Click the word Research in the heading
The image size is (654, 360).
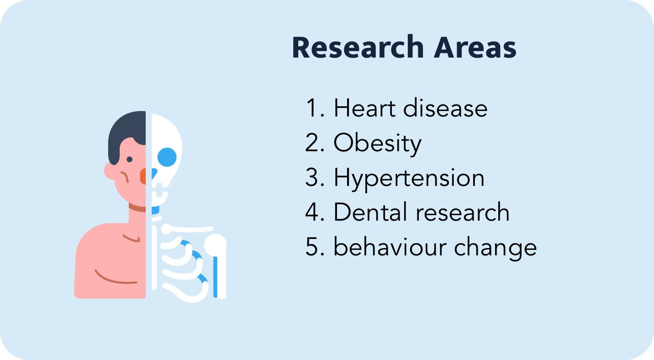click(x=358, y=47)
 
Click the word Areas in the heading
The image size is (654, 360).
click(x=475, y=47)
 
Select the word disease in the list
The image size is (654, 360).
click(x=445, y=108)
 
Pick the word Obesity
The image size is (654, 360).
click(x=377, y=143)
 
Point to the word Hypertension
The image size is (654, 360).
click(x=409, y=179)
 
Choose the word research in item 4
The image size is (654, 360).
click(x=463, y=212)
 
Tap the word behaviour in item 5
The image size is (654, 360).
click(x=390, y=247)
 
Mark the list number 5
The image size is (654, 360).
click(x=315, y=247)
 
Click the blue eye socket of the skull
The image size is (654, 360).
click(x=167, y=157)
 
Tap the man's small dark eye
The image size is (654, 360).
click(x=129, y=159)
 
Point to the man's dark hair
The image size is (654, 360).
click(x=127, y=134)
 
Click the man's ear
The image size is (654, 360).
click(x=110, y=171)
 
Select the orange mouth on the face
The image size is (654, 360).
click(x=143, y=176)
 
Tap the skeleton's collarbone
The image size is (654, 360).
click(x=187, y=229)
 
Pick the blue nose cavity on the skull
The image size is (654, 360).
click(x=154, y=174)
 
